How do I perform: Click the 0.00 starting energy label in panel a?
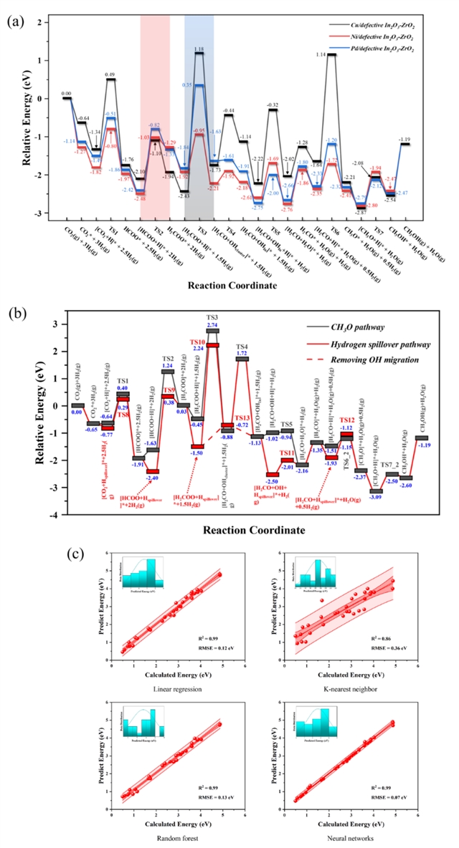pyautogui.click(x=67, y=93)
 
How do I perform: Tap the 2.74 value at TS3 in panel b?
pyautogui.click(x=212, y=326)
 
